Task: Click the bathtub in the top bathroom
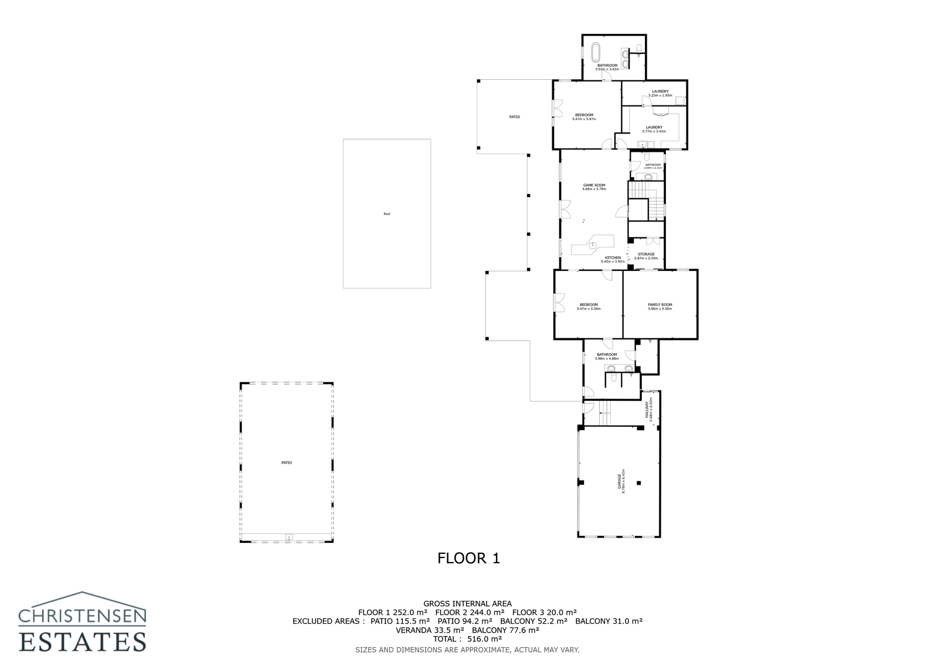tap(596, 52)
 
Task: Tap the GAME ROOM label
tap(594, 185)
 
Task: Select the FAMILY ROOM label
tap(660, 304)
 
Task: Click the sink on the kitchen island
tap(593, 245)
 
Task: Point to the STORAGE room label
tap(646, 254)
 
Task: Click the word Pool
tap(386, 214)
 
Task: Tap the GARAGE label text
tap(620, 481)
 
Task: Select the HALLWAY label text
tap(647, 409)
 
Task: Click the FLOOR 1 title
tap(468, 558)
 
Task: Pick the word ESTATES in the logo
tap(82, 641)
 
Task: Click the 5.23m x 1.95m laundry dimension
tap(660, 96)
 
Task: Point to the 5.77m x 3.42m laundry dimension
tap(654, 131)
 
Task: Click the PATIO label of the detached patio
tap(286, 463)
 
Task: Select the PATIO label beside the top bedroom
tap(514, 117)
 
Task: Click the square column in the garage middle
tap(639, 483)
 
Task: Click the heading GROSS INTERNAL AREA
tap(467, 603)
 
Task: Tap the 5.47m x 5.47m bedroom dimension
tap(584, 119)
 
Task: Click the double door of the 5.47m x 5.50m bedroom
tap(559, 304)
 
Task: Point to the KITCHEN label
tap(613, 257)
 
